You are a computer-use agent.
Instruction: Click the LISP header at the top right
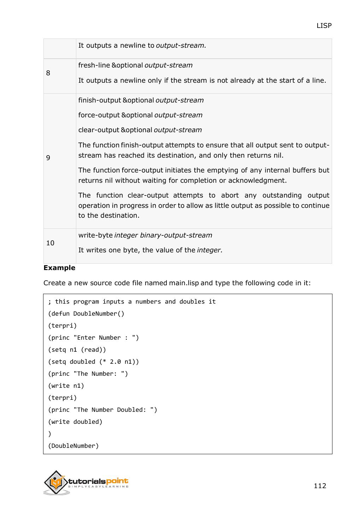(324, 25)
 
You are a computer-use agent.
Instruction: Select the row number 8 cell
(48, 73)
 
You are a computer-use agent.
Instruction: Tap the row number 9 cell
(48, 158)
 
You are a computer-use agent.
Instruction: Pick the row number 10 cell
(50, 243)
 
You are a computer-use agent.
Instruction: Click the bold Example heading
(59, 268)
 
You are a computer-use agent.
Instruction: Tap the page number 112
(320, 486)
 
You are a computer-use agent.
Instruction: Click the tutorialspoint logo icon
(56, 482)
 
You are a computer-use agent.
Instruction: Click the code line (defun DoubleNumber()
(86, 314)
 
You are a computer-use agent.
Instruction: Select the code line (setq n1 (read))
(77, 350)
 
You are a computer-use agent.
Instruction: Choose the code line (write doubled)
(75, 422)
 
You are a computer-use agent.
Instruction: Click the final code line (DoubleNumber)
(73, 446)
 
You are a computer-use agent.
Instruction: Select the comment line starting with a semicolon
(132, 302)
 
